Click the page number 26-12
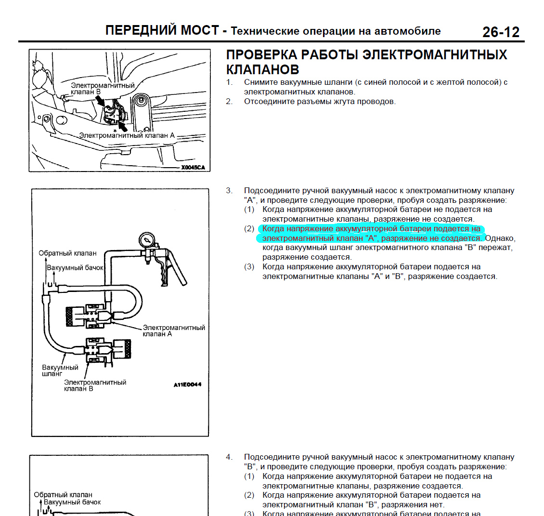click(501, 32)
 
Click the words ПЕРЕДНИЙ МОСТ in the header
click(162, 31)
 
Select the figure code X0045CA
click(193, 167)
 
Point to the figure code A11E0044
click(187, 384)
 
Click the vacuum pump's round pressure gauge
click(146, 239)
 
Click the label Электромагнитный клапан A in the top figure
click(127, 135)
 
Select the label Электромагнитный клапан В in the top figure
click(103, 88)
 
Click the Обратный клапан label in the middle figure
click(67, 253)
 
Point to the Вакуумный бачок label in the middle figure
click(75, 267)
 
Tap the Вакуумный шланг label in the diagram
click(60, 370)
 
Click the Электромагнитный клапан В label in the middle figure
click(95, 385)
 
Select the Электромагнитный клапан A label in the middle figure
click(174, 331)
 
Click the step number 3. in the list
click(229, 191)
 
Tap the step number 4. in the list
click(229, 457)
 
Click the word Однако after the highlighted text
click(500, 238)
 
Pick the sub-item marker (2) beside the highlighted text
click(249, 229)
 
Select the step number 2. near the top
click(229, 102)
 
